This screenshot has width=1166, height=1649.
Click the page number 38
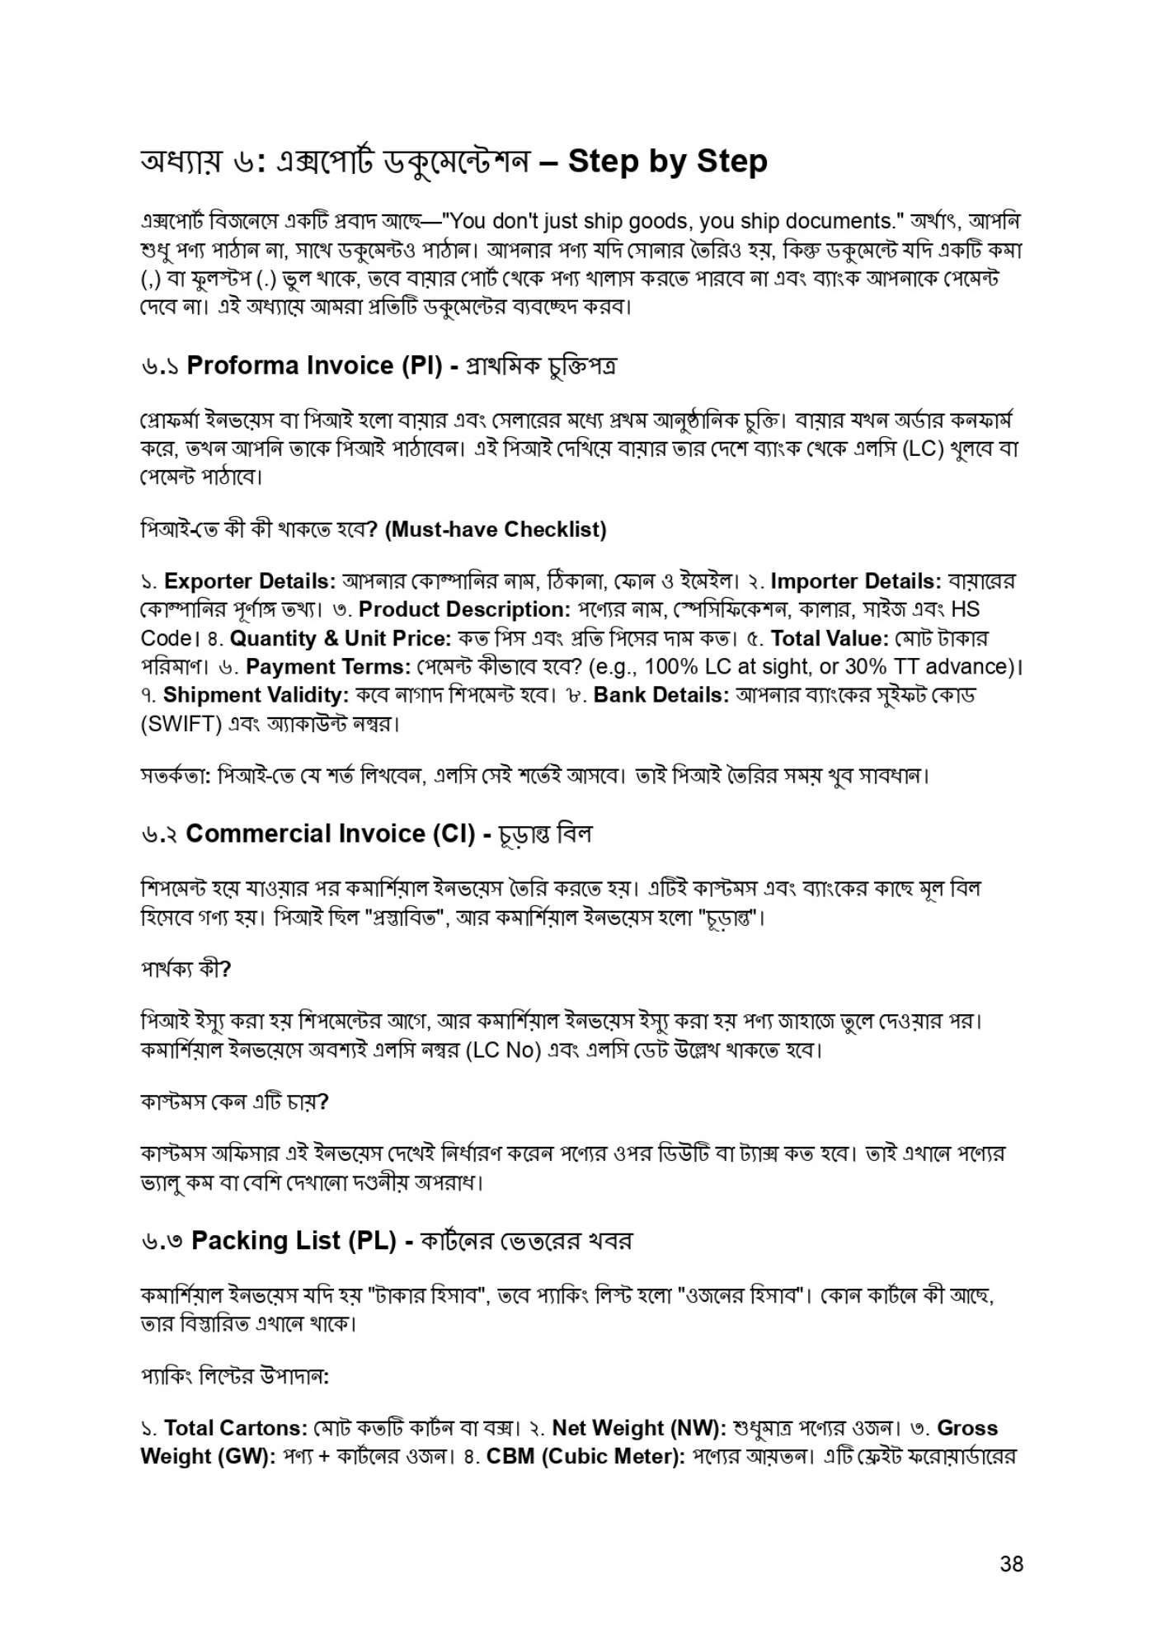pyautogui.click(x=1011, y=1563)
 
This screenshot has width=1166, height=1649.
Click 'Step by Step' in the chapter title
pyautogui.click(x=667, y=161)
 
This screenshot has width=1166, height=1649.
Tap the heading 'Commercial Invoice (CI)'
pyautogui.click(x=330, y=834)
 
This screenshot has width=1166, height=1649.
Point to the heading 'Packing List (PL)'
pyautogui.click(x=294, y=1240)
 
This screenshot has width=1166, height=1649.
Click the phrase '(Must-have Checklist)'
pyautogui.click(x=496, y=529)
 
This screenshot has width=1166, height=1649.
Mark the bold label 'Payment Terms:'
pyautogui.click(x=328, y=667)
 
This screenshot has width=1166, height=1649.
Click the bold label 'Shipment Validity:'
pyautogui.click(x=256, y=695)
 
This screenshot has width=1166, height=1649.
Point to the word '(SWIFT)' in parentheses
pyautogui.click(x=181, y=725)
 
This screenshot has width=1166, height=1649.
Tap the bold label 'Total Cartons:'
pyautogui.click(x=236, y=1428)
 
